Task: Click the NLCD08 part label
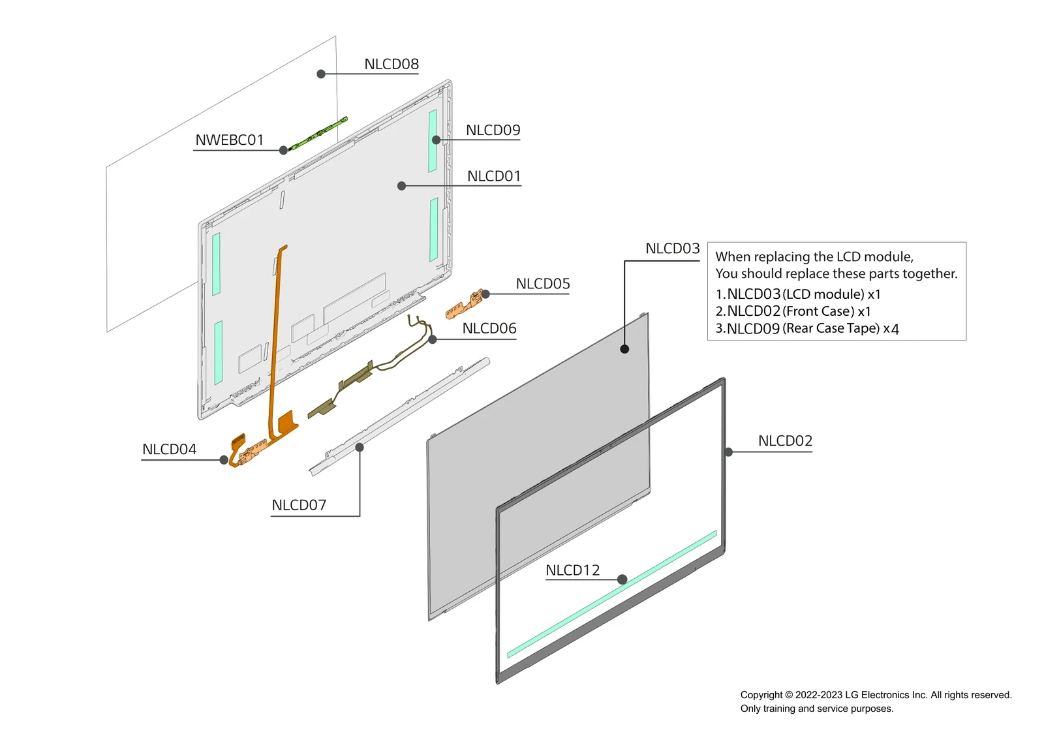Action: (391, 64)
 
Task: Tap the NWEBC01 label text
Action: (229, 140)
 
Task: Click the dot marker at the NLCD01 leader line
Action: (402, 186)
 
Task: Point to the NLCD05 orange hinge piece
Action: (465, 304)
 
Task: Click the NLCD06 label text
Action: (489, 328)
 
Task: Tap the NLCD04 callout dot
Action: (224, 460)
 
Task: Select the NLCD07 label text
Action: (299, 505)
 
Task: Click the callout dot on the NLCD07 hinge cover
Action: (360, 447)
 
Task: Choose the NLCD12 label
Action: (572, 570)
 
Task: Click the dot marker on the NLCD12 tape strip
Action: (622, 579)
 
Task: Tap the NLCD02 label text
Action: (785, 441)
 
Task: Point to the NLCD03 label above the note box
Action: (672, 249)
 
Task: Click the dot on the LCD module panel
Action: (624, 349)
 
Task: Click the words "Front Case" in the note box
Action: (819, 311)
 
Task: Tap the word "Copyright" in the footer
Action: (761, 695)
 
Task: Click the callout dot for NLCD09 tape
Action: (436, 140)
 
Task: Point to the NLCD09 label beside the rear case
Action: (493, 130)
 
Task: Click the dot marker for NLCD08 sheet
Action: (321, 74)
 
